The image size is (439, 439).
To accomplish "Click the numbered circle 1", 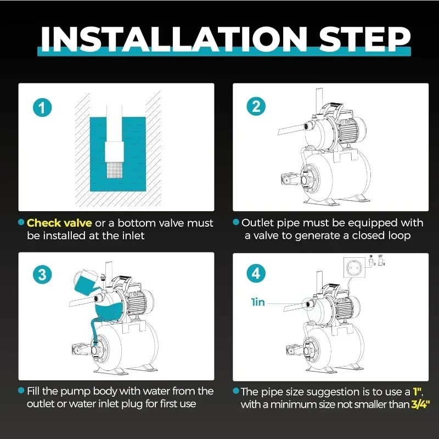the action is pyautogui.click(x=42, y=108).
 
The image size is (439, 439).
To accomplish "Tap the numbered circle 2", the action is pyautogui.click(x=256, y=106).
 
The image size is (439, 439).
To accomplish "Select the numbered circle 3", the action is pyautogui.click(x=42, y=274).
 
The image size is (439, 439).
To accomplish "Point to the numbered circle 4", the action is pyautogui.click(x=256, y=273).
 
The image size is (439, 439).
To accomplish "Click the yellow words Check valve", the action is pyautogui.click(x=59, y=223).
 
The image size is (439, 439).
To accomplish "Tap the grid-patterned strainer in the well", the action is pyautogui.click(x=114, y=170).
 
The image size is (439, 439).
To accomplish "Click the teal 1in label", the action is pyautogui.click(x=258, y=302).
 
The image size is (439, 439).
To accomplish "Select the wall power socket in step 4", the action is pyautogui.click(x=355, y=268).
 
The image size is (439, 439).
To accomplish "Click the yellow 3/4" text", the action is pyautogui.click(x=420, y=404).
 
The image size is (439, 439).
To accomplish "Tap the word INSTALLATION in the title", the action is pyautogui.click(x=174, y=39).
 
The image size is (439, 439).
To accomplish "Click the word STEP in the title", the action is pyautogui.click(x=364, y=39).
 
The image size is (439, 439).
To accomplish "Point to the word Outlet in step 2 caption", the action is pyautogui.click(x=257, y=223).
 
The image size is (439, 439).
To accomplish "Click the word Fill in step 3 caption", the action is pyautogui.click(x=33, y=391).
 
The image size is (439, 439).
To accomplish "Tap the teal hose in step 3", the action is pyautogui.click(x=94, y=330).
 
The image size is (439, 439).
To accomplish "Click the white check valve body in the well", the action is pyautogui.click(x=114, y=151).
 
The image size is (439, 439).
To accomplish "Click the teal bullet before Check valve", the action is pyautogui.click(x=21, y=222).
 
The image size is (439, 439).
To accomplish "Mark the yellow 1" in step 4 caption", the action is pyautogui.click(x=418, y=392).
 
